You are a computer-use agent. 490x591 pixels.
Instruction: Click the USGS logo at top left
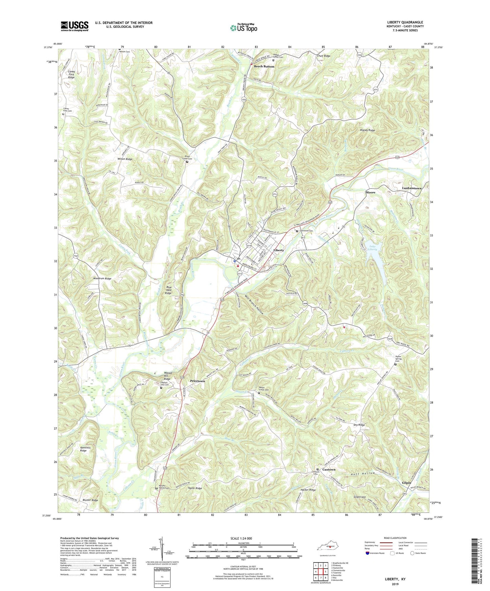(75, 26)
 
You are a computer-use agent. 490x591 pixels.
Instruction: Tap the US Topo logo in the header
(243, 28)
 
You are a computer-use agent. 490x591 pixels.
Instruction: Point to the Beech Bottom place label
(264, 67)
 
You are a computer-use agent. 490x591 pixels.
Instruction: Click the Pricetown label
(197, 381)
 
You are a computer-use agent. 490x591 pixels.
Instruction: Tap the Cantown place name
(329, 469)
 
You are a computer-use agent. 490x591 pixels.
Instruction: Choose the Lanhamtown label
(412, 188)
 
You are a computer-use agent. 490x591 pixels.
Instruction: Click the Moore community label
(370, 192)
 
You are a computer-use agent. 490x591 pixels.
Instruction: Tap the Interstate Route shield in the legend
(368, 553)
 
